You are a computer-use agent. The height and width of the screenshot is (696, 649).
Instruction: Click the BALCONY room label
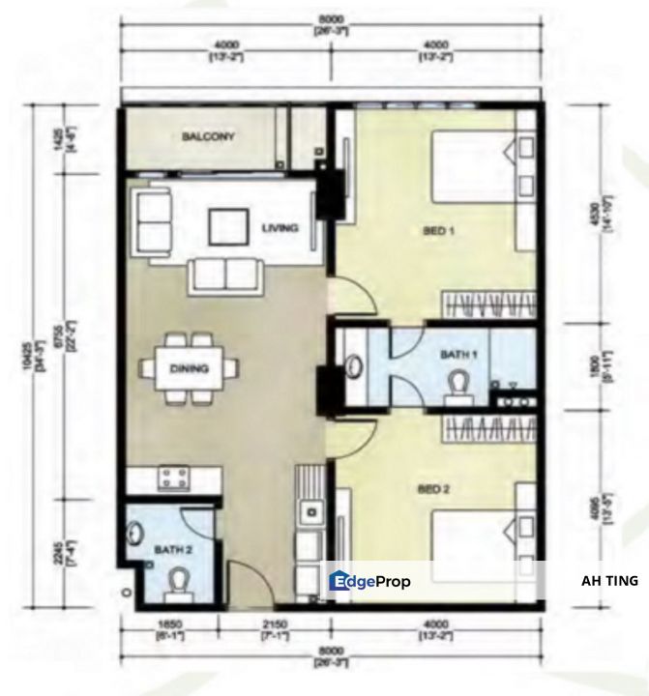[x=208, y=137]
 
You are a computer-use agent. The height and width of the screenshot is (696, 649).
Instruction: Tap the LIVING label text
[x=280, y=228]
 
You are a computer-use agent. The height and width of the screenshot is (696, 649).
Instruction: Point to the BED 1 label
[x=439, y=230]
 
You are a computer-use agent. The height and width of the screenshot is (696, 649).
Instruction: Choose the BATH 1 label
[x=458, y=356]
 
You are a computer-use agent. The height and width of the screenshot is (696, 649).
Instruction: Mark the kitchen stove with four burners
[x=175, y=477]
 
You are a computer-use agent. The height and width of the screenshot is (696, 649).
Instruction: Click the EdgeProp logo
[x=370, y=581]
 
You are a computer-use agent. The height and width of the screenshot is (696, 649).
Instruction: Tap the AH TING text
[x=609, y=581]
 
